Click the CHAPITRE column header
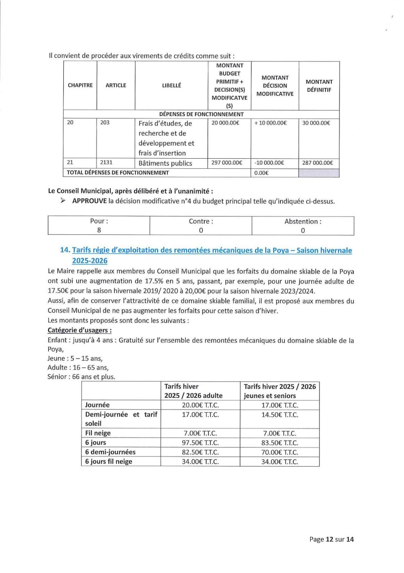tap(80, 85)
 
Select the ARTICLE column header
tap(116, 85)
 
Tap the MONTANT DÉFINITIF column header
tap(319, 86)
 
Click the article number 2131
tap(106, 162)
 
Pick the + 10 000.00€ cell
tap(270, 123)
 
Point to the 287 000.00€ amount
tap(318, 163)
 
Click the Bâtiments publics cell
tap(165, 163)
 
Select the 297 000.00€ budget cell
tap(227, 163)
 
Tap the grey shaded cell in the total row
tap(319, 173)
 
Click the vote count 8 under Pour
tap(99, 230)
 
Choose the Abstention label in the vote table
tap(303, 221)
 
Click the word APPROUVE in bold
tap(89, 201)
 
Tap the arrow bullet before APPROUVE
tap(63, 201)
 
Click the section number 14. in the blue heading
tap(65, 250)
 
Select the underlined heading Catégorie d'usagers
tap(80, 330)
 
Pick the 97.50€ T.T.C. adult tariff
tap(200, 443)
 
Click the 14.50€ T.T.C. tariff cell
tap(280, 415)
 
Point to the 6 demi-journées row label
tap(110, 452)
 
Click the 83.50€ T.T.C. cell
tap(280, 443)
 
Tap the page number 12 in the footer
tap(329, 539)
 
